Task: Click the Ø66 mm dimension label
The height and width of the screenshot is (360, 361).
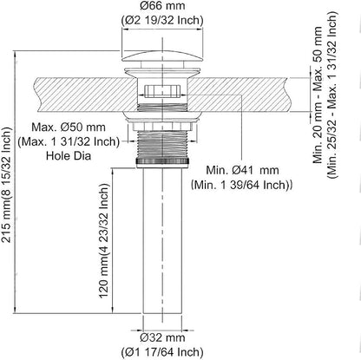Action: click(x=162, y=6)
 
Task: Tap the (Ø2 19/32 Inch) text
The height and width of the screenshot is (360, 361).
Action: click(x=162, y=20)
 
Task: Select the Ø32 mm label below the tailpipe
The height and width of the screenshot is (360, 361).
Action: click(x=162, y=337)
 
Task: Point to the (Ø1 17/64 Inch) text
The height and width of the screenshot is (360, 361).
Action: click(x=162, y=352)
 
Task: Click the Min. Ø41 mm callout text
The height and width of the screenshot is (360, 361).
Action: click(x=242, y=170)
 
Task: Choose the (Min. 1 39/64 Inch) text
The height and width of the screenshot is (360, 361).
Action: click(x=241, y=185)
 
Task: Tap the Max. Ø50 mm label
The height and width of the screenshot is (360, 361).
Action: click(x=69, y=128)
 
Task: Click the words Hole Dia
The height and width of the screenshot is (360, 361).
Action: click(x=69, y=156)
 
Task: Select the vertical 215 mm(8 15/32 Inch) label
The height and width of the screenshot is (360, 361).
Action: click(x=6, y=185)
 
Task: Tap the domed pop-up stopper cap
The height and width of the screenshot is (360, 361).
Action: click(x=162, y=56)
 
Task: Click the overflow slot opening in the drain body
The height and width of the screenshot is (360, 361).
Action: click(x=162, y=91)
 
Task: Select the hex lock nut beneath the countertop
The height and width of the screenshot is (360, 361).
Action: click(x=162, y=126)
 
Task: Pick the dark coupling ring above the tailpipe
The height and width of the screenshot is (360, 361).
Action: click(x=162, y=163)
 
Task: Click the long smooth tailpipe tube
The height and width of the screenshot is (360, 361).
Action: click(x=162, y=240)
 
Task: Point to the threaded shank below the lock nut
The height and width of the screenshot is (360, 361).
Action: click(x=162, y=144)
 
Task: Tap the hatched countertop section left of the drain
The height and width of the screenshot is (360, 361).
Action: click(x=86, y=94)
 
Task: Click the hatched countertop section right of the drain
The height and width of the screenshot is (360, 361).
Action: click(x=238, y=94)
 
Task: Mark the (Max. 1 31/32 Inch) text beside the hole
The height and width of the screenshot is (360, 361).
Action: click(x=69, y=141)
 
